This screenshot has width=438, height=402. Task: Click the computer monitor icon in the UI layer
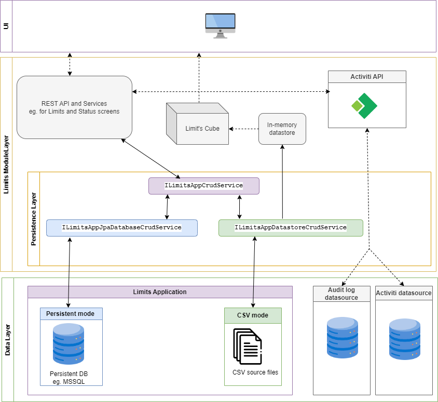pos(220,25)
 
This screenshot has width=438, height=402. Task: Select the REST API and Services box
pos(74,107)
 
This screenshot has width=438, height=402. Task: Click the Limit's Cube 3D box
pos(198,124)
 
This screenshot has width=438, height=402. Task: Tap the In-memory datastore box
pos(282,129)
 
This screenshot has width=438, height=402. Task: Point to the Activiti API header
pos(367,77)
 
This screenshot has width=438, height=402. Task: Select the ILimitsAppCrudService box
pos(203,186)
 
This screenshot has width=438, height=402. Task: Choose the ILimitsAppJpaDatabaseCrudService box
pos(122,228)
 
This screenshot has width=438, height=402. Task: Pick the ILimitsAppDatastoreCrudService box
pos(290,228)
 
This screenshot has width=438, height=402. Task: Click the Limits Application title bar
pos(160,292)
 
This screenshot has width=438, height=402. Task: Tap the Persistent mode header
pos(71,314)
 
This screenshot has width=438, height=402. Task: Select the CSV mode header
pos(253,315)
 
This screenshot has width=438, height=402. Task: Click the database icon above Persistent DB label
pos(68,344)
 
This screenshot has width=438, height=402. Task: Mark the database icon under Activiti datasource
pos(404,339)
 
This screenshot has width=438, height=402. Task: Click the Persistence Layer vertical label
pos(34,219)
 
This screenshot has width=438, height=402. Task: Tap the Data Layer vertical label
pos(8,340)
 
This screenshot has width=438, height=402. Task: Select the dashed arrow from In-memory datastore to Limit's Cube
pos(243,129)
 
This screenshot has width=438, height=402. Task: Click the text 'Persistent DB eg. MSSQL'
pos(71,377)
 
